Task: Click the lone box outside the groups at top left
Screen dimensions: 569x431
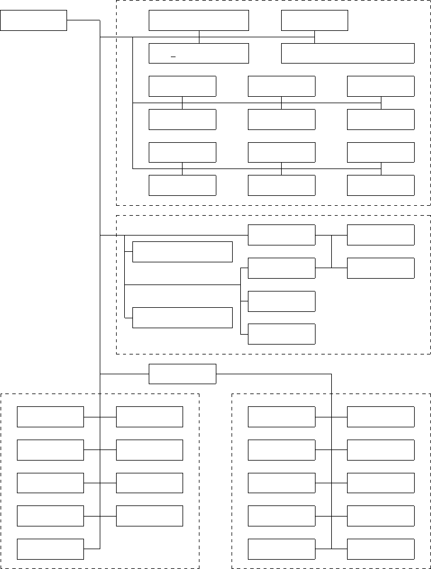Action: [33, 20]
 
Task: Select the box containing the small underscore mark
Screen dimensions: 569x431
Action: [198, 53]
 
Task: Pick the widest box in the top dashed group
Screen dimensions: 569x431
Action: [348, 53]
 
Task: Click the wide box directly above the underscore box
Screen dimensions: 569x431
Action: [198, 20]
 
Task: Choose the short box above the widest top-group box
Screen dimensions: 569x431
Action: [314, 20]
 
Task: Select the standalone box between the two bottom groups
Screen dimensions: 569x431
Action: [182, 374]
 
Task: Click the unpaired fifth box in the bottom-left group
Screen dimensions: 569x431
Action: [50, 549]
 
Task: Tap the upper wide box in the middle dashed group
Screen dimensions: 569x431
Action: [182, 252]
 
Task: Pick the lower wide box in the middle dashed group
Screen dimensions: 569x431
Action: [182, 318]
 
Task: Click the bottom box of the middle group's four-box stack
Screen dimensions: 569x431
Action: [281, 334]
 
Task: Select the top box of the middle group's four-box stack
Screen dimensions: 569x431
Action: [281, 235]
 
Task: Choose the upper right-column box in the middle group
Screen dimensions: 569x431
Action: [380, 235]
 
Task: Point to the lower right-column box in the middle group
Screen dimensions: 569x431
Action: [380, 268]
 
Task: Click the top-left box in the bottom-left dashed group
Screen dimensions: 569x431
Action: [50, 417]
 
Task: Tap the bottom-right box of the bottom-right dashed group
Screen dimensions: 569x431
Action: [380, 549]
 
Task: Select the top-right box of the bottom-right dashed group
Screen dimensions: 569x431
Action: [380, 417]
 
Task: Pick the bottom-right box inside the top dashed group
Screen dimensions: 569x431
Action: [380, 185]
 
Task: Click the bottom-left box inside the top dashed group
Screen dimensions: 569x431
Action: [182, 185]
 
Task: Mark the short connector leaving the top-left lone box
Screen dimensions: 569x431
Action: [83, 20]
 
